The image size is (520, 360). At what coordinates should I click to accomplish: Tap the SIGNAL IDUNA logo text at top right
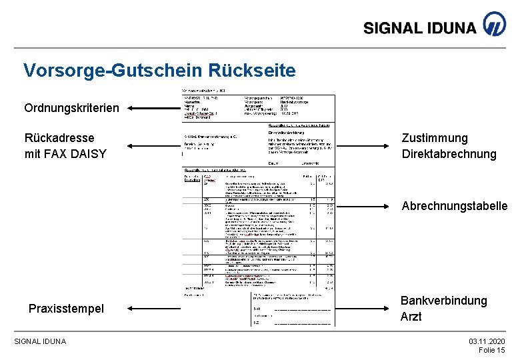point(420,27)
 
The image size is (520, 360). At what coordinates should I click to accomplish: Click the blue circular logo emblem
point(494,24)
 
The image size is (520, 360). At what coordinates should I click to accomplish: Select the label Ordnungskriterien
point(72,108)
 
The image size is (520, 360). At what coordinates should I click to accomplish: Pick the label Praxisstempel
point(66,309)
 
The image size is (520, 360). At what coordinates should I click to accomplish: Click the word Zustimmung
point(435,138)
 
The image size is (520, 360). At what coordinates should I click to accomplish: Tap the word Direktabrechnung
point(449,154)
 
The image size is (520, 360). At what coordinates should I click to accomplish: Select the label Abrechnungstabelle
point(455,207)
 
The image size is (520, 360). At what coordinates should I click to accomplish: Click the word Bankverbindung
point(443,301)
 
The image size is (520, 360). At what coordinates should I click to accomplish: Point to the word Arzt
point(411,317)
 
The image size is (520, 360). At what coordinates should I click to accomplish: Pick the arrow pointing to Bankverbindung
point(363,309)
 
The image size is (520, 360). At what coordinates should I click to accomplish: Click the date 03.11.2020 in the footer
point(487,341)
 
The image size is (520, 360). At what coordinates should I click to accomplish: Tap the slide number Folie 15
point(492,351)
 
